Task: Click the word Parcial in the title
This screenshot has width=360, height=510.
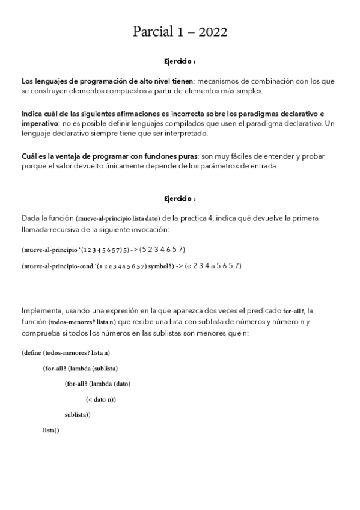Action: (153, 32)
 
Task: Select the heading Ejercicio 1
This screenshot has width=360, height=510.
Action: (180, 61)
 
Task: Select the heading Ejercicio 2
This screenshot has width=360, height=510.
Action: (180, 198)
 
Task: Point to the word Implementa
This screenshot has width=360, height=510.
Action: (43, 311)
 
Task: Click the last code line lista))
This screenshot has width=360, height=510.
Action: (51, 431)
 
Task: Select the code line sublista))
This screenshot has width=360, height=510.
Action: (78, 415)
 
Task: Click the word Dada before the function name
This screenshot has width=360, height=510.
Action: (30, 218)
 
